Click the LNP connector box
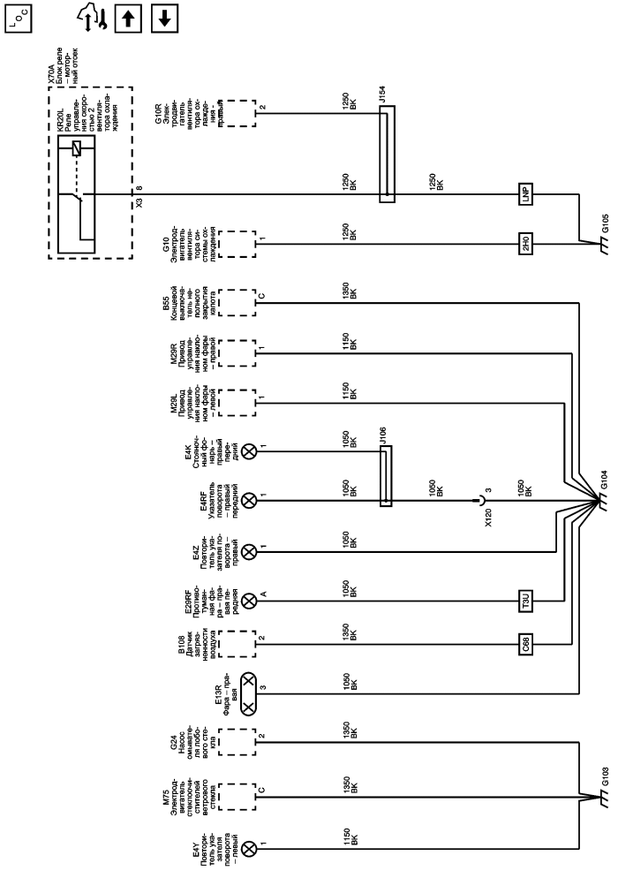click(x=526, y=194)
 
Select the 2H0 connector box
click(x=526, y=239)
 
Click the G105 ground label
click(x=605, y=218)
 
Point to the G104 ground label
click(x=605, y=488)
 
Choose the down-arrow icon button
click(x=162, y=16)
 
